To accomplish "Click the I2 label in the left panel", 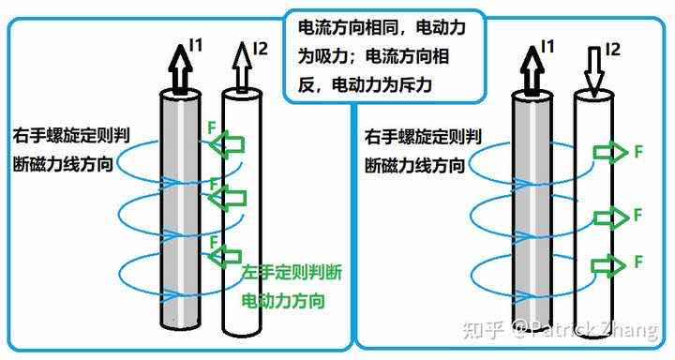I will click(262, 46).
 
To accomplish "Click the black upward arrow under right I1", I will click(530, 67).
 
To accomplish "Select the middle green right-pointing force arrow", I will click(610, 217).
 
